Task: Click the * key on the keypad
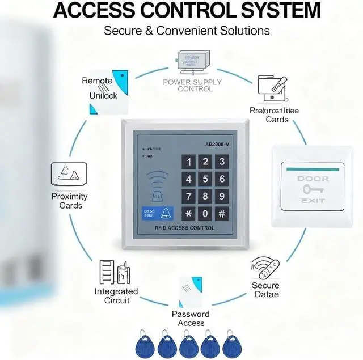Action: (x=188, y=214)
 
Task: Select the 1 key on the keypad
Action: (x=188, y=162)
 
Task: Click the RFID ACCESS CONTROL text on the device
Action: (x=185, y=228)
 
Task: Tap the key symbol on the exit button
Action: (x=313, y=189)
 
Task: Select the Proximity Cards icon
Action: (x=69, y=173)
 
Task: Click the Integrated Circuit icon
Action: (x=114, y=272)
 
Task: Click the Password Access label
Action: (x=191, y=319)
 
